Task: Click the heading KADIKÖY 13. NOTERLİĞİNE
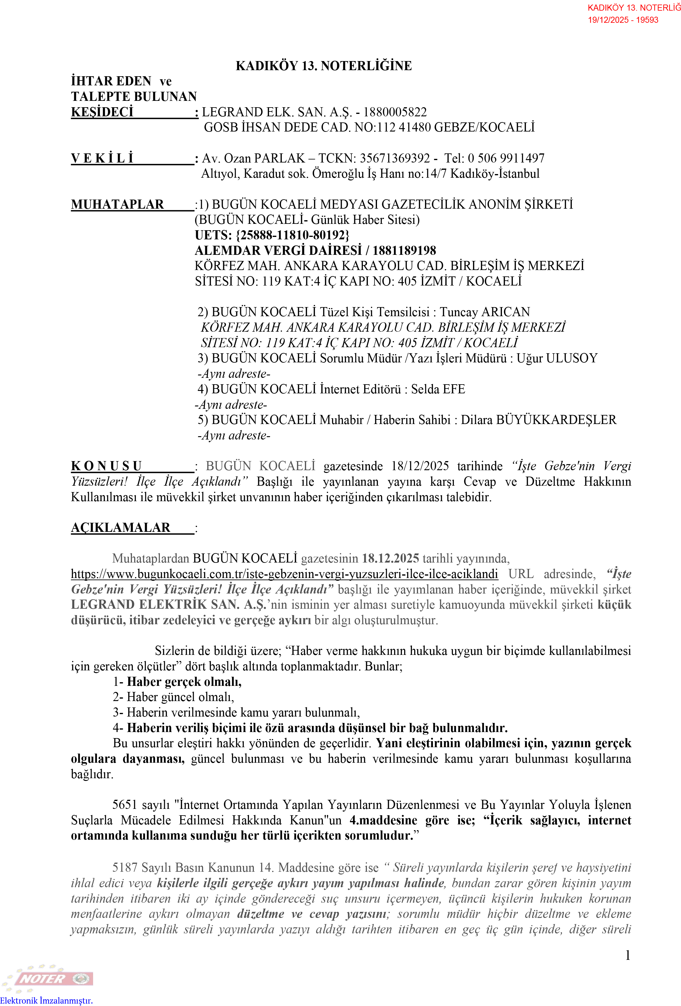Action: point(323,66)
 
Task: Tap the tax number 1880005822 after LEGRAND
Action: point(394,112)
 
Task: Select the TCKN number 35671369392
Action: point(394,159)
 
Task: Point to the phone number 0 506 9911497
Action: point(506,159)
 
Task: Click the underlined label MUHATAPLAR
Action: point(117,204)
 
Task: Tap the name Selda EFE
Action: point(437,389)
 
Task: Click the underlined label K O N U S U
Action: point(107,466)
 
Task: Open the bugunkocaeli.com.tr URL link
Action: point(284,574)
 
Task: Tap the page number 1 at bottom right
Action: point(627,955)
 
